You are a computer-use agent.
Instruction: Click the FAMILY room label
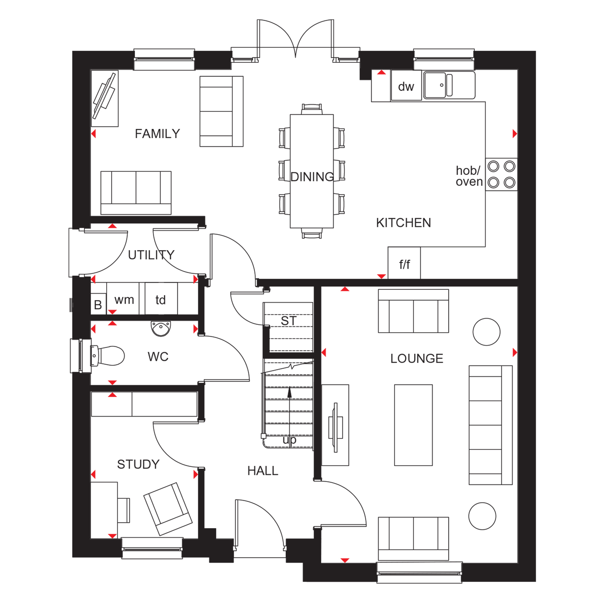(157, 134)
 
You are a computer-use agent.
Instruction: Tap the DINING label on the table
(312, 177)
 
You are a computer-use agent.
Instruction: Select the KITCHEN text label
(404, 223)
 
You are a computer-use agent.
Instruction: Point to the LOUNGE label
(417, 359)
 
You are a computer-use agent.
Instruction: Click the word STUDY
(138, 464)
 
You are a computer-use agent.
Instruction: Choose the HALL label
(263, 471)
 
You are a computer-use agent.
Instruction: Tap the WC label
(158, 357)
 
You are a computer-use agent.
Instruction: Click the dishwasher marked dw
(406, 86)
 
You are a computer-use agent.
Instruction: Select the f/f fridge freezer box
(404, 263)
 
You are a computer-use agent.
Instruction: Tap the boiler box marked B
(98, 304)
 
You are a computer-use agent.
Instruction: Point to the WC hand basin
(161, 328)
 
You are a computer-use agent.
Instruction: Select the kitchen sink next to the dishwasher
(449, 85)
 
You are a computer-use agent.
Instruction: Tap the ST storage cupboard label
(289, 321)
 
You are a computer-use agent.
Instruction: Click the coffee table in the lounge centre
(414, 425)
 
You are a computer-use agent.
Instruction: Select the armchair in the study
(168, 509)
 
